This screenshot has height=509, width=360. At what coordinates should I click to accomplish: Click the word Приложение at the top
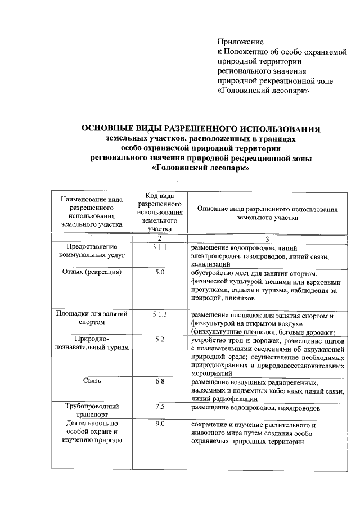(241, 41)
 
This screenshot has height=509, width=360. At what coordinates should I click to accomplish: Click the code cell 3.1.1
(160, 247)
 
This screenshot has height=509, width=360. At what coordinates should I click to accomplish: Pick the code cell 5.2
(160, 339)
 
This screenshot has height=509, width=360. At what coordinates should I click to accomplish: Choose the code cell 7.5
(160, 407)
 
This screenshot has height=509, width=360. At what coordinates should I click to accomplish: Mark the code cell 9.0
(160, 424)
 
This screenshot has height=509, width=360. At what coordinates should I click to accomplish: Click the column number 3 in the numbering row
(267, 238)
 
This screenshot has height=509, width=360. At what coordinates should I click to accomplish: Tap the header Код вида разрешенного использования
(160, 211)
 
